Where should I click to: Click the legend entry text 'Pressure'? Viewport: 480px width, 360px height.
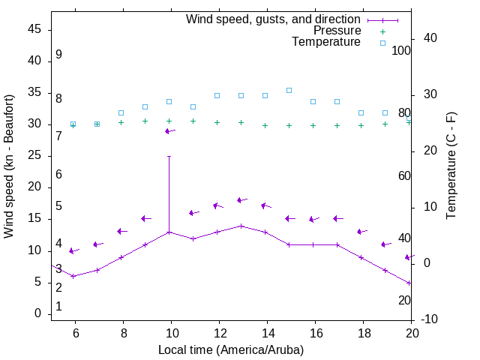coord(337,31)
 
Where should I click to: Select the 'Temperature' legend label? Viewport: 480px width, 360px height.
coord(326,42)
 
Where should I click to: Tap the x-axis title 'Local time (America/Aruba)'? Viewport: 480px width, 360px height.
coord(231,349)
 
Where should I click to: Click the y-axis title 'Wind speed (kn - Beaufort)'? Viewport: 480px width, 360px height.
coord(9,166)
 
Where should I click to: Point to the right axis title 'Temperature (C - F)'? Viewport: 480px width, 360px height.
coord(451,166)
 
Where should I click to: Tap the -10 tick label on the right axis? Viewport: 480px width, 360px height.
coord(430,319)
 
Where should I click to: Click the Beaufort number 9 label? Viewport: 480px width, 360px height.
coord(58,55)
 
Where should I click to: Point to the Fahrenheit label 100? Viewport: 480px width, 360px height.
coord(401,50)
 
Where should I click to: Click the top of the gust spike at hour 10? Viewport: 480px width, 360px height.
coord(169,157)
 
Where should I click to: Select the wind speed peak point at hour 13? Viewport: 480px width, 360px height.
coord(241,226)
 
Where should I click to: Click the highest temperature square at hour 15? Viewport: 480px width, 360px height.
coord(289,90)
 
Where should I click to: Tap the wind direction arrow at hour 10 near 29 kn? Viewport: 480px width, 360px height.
coord(169,131)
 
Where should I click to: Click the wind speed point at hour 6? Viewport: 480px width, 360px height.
coord(73,276)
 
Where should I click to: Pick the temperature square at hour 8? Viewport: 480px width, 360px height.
coord(121,112)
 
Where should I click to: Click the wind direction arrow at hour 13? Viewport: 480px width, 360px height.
coord(241,200)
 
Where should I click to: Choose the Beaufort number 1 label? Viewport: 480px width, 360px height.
coord(58,307)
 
